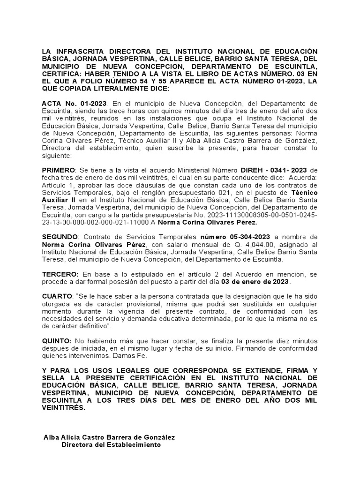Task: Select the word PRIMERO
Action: (x=58, y=170)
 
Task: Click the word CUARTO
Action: (x=57, y=296)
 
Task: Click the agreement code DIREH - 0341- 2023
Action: (x=270, y=170)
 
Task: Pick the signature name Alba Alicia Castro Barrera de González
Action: (x=109, y=437)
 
